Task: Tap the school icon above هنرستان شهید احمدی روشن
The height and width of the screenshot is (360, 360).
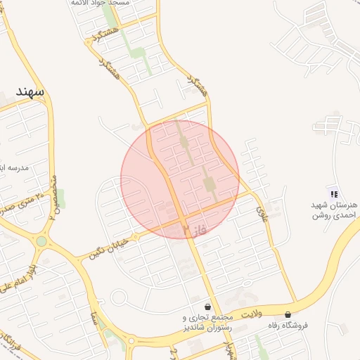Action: pyautogui.click(x=334, y=194)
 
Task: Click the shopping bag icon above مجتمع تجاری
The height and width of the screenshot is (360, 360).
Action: pyautogui.click(x=207, y=307)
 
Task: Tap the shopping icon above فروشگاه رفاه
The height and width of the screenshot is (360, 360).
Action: pyautogui.click(x=288, y=314)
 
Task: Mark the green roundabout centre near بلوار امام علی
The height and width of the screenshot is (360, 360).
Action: pyautogui.click(x=41, y=241)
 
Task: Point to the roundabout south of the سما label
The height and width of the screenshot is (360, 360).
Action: pyautogui.click(x=130, y=342)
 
